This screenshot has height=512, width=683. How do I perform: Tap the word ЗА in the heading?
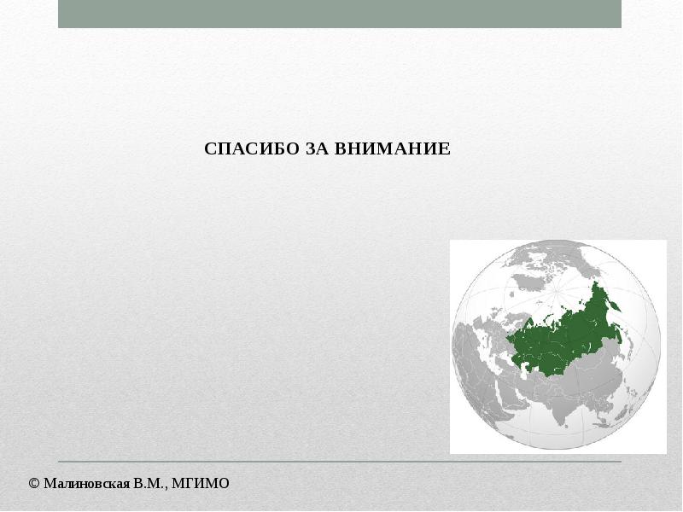click(317, 148)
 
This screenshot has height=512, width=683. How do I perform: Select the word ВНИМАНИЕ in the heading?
click(393, 148)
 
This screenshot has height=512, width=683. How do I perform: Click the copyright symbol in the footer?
click(34, 483)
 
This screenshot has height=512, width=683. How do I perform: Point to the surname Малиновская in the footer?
click(87, 483)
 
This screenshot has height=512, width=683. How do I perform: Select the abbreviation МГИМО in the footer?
click(201, 483)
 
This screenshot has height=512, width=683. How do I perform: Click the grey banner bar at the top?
click(340, 14)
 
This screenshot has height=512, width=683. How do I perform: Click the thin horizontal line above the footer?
click(340, 461)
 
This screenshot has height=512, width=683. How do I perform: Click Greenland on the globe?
click(529, 282)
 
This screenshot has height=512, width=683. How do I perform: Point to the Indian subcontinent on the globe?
click(562, 410)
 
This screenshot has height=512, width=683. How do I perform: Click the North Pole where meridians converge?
click(557, 293)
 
